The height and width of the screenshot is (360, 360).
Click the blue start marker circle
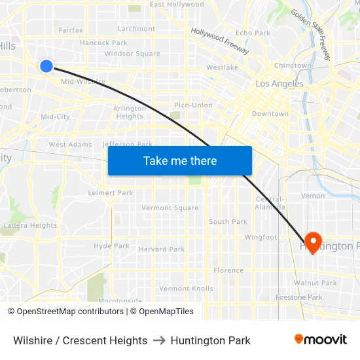[x=46, y=65]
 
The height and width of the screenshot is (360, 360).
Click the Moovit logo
[x=321, y=340]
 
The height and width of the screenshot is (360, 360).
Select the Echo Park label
[x=253, y=33]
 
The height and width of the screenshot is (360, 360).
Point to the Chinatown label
[x=293, y=66]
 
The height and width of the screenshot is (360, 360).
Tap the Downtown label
[x=270, y=114]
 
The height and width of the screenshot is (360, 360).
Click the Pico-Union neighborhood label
[x=193, y=105]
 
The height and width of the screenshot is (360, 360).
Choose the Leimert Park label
[x=111, y=193]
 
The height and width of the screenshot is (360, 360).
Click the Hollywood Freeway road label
[x=220, y=41]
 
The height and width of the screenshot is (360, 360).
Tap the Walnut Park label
[x=315, y=283]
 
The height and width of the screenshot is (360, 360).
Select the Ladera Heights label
[x=30, y=226]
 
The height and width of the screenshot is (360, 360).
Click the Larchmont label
[x=136, y=29]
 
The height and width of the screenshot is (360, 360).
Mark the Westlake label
[x=222, y=67]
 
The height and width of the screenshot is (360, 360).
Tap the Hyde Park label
[x=111, y=246]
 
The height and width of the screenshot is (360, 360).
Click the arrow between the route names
[x=159, y=340]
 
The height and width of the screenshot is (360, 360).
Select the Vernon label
[x=312, y=196]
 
